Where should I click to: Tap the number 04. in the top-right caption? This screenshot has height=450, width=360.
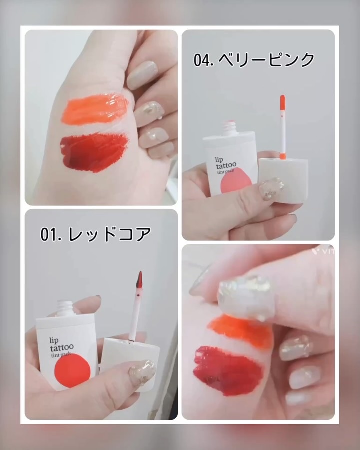203,60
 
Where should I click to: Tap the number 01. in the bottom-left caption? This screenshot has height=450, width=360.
51,234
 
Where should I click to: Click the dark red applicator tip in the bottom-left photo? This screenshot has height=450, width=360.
139,280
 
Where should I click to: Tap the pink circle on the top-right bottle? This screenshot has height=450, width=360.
237,184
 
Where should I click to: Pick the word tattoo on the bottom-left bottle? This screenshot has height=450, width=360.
61,347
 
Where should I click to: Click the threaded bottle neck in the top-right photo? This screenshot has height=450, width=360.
230,128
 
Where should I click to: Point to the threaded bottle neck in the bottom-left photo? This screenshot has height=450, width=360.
65,308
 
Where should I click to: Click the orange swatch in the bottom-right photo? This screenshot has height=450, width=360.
240,331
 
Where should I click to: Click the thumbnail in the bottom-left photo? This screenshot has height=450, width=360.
142,373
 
